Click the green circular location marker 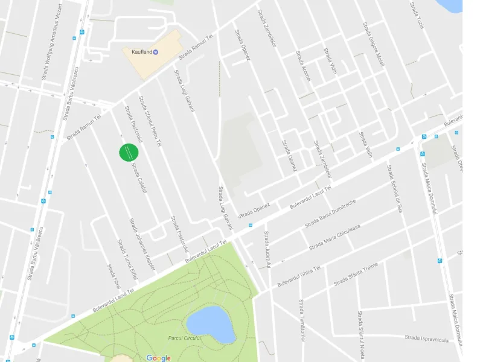(129, 152)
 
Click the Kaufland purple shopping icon (156, 52)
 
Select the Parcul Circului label (184, 338)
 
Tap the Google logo (158, 358)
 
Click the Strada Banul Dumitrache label (330, 213)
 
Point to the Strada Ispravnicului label (427, 339)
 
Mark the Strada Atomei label (303, 66)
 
